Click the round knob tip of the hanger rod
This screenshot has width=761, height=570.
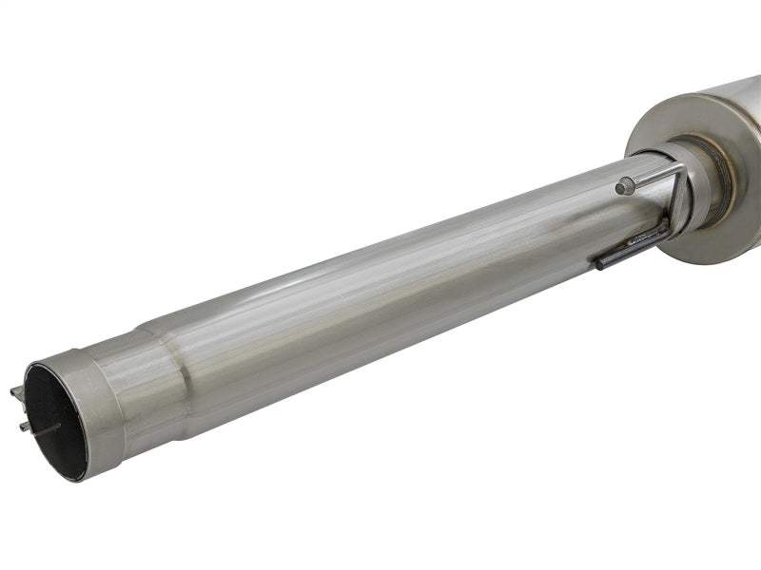[x=624, y=187]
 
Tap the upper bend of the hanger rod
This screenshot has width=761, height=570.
[x=679, y=170]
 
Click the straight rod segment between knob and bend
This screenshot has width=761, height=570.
[x=653, y=178]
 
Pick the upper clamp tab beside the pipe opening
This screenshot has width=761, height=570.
[x=16, y=392]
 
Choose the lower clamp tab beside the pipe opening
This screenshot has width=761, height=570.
[x=24, y=427]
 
